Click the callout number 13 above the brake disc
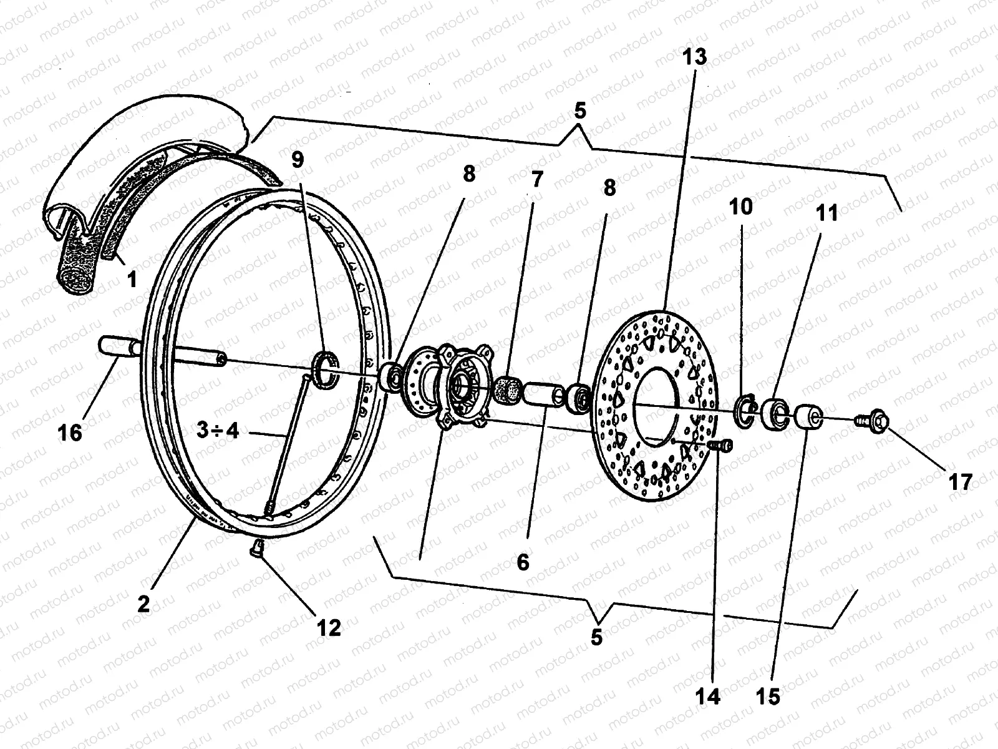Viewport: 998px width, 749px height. pos(695,57)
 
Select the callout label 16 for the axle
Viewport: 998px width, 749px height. pos(70,432)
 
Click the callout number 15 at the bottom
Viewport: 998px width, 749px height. pos(770,696)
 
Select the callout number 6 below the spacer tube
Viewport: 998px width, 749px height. pos(523,562)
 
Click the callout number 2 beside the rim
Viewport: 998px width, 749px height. pos(144,604)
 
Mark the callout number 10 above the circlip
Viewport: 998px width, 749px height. pos(741,206)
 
